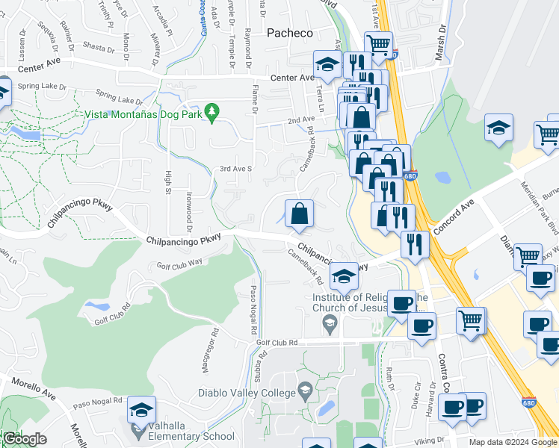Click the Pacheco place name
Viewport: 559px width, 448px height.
point(290,33)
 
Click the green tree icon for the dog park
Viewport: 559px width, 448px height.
point(212,111)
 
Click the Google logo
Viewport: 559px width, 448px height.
point(25,439)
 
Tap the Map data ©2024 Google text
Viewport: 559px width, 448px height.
point(513,442)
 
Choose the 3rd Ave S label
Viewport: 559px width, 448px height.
point(236,169)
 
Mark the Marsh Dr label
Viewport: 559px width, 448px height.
point(441,44)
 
